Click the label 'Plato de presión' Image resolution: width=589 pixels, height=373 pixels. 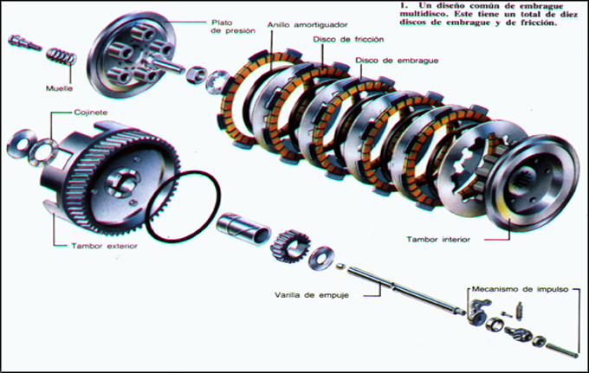[233, 27]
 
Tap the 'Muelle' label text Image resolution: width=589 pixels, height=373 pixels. [59, 88]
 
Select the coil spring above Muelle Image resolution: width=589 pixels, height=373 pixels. [61, 56]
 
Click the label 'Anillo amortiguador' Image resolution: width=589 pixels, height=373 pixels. [307, 25]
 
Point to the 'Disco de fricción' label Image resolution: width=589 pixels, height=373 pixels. [348, 40]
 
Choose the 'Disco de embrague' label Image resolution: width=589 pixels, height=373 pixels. [397, 61]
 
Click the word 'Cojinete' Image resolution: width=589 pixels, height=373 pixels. [91, 113]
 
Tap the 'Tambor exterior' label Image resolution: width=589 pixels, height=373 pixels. [105, 246]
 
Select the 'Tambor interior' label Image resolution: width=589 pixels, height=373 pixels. [438, 240]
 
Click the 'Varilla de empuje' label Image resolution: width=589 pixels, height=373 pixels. [312, 295]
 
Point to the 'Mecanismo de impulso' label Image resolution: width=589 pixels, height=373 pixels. [520, 289]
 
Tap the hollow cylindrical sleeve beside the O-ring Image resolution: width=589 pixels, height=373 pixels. [243, 228]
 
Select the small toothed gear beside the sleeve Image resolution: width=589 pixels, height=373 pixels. [290, 246]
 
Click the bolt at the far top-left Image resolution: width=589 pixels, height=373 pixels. [24, 42]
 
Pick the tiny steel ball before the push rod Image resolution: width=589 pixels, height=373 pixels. [340, 266]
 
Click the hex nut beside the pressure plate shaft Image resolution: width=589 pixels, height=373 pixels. [197, 75]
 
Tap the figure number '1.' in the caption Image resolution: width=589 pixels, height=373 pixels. [404, 6]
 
